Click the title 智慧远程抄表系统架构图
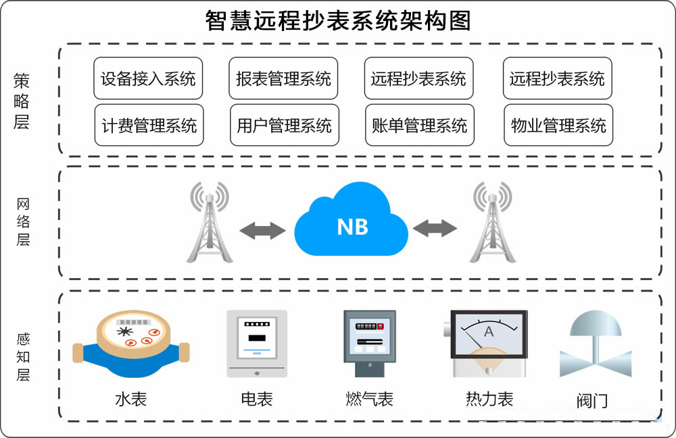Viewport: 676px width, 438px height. coord(338,21)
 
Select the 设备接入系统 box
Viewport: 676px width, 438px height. coord(148,79)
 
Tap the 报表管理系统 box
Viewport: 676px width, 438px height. coord(283,79)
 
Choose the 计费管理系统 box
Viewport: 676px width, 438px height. coord(149,126)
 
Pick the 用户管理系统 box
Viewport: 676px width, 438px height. coord(284,126)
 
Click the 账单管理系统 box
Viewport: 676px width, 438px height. coord(419,126)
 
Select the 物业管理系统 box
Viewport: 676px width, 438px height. coord(558,126)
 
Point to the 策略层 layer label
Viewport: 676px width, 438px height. coord(22,101)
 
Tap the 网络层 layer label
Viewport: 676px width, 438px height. coord(23,221)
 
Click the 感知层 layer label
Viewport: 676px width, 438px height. coord(23,356)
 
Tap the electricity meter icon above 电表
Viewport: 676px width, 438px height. coord(256,343)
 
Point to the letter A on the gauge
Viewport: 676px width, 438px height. coord(489,332)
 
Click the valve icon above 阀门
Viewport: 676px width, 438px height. coord(594,344)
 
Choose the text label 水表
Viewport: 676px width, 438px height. coord(130,400)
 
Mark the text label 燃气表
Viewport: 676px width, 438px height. coord(369,400)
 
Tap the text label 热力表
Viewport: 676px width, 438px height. coord(489,400)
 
